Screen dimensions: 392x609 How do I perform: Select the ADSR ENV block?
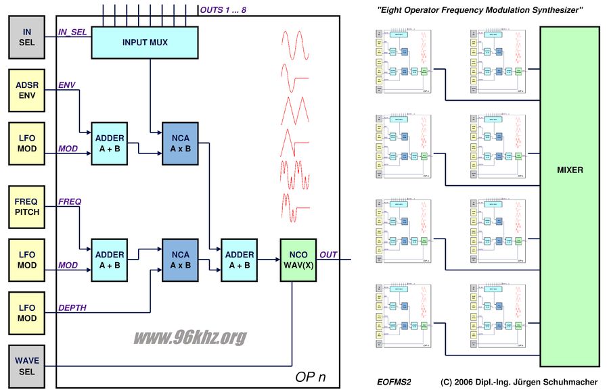coord(27,91)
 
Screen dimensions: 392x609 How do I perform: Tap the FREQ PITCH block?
coord(27,207)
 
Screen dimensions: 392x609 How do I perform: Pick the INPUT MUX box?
coord(145,42)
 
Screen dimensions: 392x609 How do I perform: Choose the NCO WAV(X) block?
coord(300,260)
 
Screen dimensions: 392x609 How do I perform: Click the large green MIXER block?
coord(569,170)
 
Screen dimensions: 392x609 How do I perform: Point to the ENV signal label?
coord(67,85)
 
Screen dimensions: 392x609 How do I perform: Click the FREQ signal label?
coord(70,201)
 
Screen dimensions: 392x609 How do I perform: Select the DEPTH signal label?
coord(72,308)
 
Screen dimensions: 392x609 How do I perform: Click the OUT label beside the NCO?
coord(330,255)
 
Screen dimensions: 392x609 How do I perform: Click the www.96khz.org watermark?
coord(190,337)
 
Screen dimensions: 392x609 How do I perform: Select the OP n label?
coord(311,377)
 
